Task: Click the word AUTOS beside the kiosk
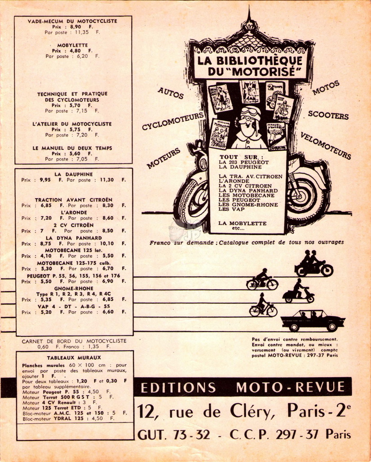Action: tap(171, 93)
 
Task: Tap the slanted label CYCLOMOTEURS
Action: tap(173, 121)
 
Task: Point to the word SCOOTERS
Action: tap(328, 115)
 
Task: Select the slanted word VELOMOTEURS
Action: tap(326, 146)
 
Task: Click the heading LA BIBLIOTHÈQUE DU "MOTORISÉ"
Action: tap(250, 66)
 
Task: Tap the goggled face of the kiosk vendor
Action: tap(249, 121)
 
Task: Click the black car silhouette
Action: tap(313, 321)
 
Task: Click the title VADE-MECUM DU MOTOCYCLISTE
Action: tap(72, 21)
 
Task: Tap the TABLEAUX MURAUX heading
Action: tap(74, 357)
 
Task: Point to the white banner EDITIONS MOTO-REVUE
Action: tap(243, 388)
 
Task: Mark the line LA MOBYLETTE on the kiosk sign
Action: tap(242, 223)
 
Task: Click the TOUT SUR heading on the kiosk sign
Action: tap(241, 157)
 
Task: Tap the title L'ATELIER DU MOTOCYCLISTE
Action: tap(72, 124)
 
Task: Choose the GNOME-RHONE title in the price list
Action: tap(74, 288)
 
